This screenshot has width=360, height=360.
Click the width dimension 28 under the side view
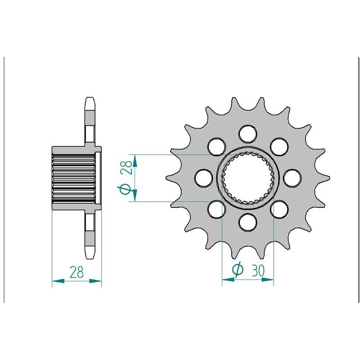(76, 272)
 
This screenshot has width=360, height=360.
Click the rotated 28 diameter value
(127, 167)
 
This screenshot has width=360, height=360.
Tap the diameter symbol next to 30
(238, 270)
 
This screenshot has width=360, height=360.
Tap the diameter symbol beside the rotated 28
(125, 189)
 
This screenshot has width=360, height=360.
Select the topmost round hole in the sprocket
(248, 134)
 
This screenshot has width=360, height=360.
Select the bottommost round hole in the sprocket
(248, 222)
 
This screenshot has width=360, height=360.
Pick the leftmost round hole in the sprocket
(203, 178)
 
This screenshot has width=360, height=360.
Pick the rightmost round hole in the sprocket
(292, 178)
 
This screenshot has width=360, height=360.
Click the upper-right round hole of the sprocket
(279, 147)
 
